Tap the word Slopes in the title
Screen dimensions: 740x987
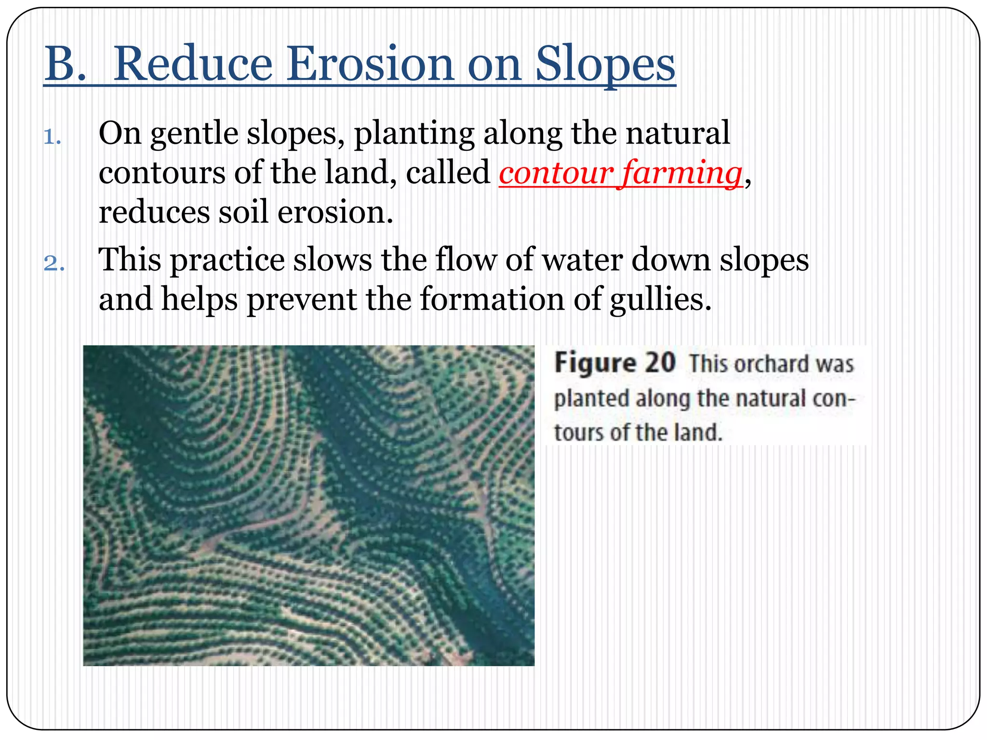tap(605, 65)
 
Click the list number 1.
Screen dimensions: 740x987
tap(52, 137)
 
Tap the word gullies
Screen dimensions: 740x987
tap(660, 300)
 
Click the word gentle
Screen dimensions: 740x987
tap(194, 134)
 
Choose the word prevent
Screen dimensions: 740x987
tap(302, 300)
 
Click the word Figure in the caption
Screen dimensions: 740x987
tap(595, 363)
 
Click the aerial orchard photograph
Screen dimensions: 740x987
tap(308, 505)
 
